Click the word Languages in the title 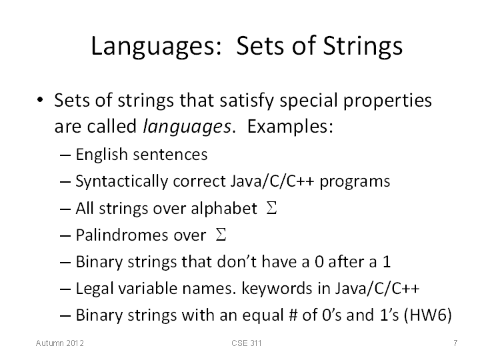[x=157, y=47]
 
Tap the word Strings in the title [x=363, y=47]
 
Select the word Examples [x=290, y=126]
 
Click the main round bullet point [x=40, y=100]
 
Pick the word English [x=101, y=155]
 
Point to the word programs [x=355, y=182]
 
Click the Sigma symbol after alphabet [x=271, y=208]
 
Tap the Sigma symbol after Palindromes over [x=221, y=235]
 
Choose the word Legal [x=95, y=289]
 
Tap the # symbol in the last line [x=293, y=315]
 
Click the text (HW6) [x=428, y=315]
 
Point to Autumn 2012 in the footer [x=60, y=343]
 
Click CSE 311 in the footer [x=247, y=343]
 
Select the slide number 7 [x=455, y=343]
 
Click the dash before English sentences [x=65, y=155]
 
